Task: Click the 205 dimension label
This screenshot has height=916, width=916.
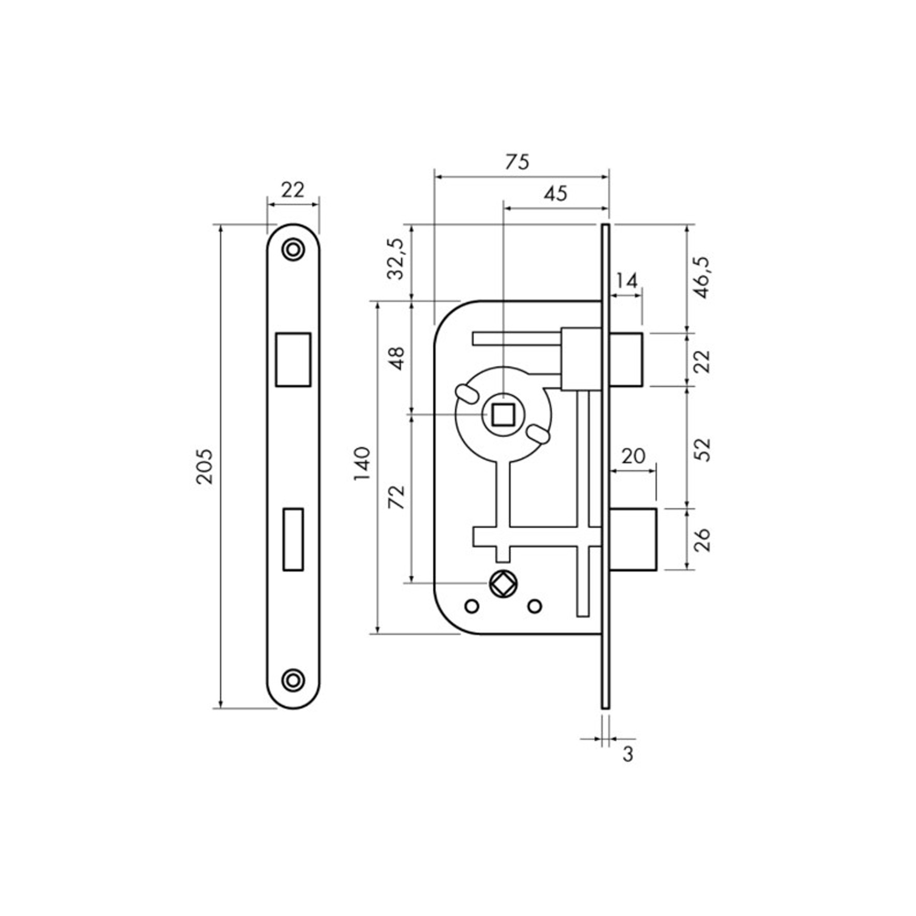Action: point(205,466)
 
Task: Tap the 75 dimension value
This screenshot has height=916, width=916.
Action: point(517,162)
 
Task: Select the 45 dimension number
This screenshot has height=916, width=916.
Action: point(556,194)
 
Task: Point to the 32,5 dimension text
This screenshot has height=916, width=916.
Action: point(396,258)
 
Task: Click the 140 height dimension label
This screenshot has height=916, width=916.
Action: point(362,464)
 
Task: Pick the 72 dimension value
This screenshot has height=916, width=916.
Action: point(397,498)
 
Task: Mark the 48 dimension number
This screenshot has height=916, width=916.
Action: point(397,358)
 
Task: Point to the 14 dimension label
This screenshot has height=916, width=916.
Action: point(627,281)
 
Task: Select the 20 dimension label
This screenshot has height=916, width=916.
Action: point(633,456)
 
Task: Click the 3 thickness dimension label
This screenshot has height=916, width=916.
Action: point(628,755)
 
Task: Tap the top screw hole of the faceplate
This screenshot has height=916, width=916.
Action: point(293,250)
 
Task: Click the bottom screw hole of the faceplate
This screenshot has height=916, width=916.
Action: point(293,680)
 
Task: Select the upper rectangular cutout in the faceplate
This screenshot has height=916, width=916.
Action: point(293,359)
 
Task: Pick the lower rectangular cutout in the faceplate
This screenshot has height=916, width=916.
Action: point(293,539)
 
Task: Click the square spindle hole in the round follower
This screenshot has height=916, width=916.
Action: point(503,415)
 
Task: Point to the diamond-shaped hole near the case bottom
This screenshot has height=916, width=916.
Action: point(503,584)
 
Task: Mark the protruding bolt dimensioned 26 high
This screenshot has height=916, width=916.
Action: point(633,540)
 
